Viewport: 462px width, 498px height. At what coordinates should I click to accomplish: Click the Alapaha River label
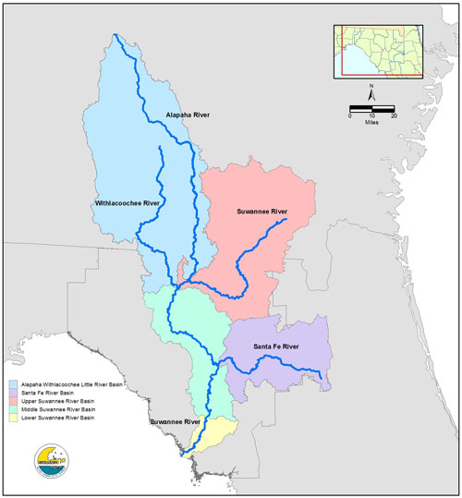pos(188,115)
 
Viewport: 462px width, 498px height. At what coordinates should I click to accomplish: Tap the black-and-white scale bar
pos(371,109)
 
